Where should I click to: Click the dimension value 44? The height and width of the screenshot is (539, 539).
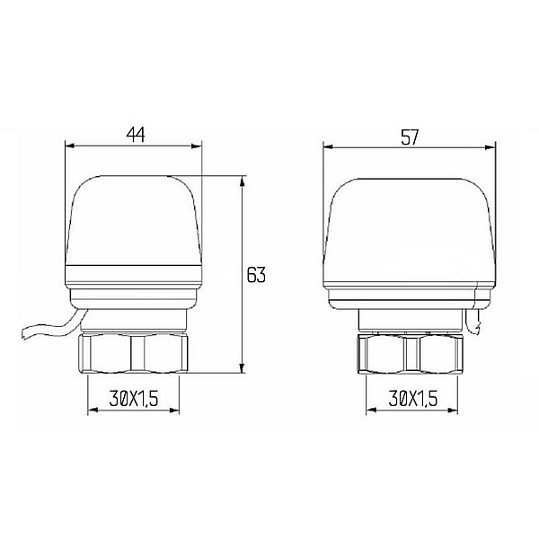coord(136,135)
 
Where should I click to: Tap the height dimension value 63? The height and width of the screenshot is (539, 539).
coord(256,275)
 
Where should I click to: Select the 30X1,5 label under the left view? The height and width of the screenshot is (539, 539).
coord(132,399)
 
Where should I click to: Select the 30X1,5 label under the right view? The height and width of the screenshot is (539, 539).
coord(411,399)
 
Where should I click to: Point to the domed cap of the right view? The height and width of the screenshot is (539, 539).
coord(410,225)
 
